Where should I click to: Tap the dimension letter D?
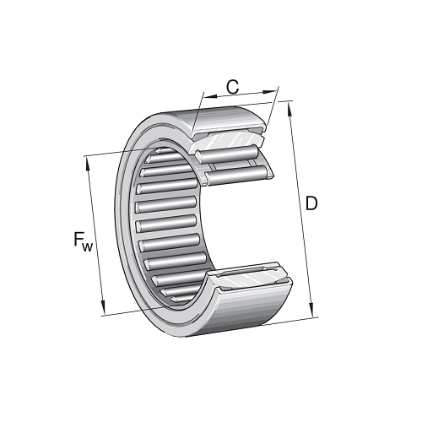pyautogui.click(x=311, y=204)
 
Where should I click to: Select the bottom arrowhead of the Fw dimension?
pyautogui.click(x=103, y=308)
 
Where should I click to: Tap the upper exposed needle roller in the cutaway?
pyautogui.click(x=228, y=155)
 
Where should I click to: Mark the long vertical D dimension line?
pyautogui.click(x=302, y=211)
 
